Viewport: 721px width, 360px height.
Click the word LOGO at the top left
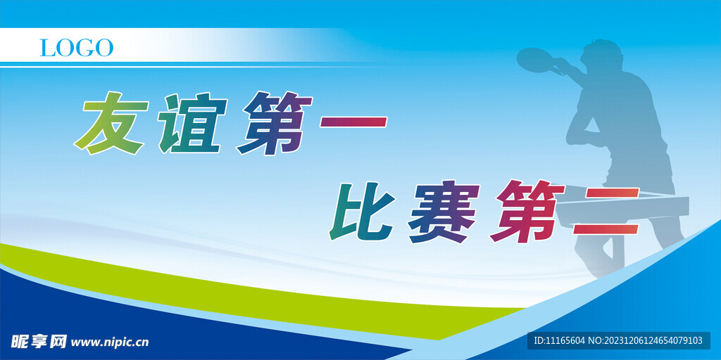(76, 48)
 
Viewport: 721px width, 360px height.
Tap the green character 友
(112, 124)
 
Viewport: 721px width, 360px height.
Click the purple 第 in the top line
(275, 123)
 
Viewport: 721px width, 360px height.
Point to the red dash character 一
(354, 122)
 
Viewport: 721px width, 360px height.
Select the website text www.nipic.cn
(111, 342)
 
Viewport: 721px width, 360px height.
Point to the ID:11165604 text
(559, 340)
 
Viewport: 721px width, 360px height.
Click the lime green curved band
(211, 281)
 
